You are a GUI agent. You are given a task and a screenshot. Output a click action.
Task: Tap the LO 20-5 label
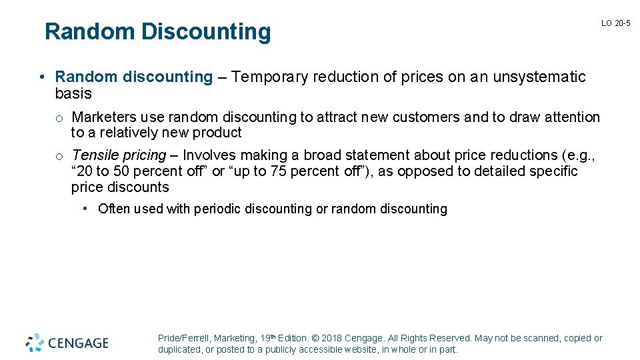[x=615, y=23]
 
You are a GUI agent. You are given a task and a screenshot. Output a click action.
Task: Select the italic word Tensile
[x=94, y=155]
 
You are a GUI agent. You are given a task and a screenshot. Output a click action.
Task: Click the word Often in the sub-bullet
[x=114, y=209]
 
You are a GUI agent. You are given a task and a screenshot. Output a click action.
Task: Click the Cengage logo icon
[x=35, y=343]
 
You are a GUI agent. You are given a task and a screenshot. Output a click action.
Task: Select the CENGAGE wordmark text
[x=77, y=343]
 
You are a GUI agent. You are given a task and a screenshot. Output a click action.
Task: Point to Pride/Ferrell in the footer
[x=183, y=339]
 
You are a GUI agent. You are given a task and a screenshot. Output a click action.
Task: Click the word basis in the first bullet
[x=73, y=93]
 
